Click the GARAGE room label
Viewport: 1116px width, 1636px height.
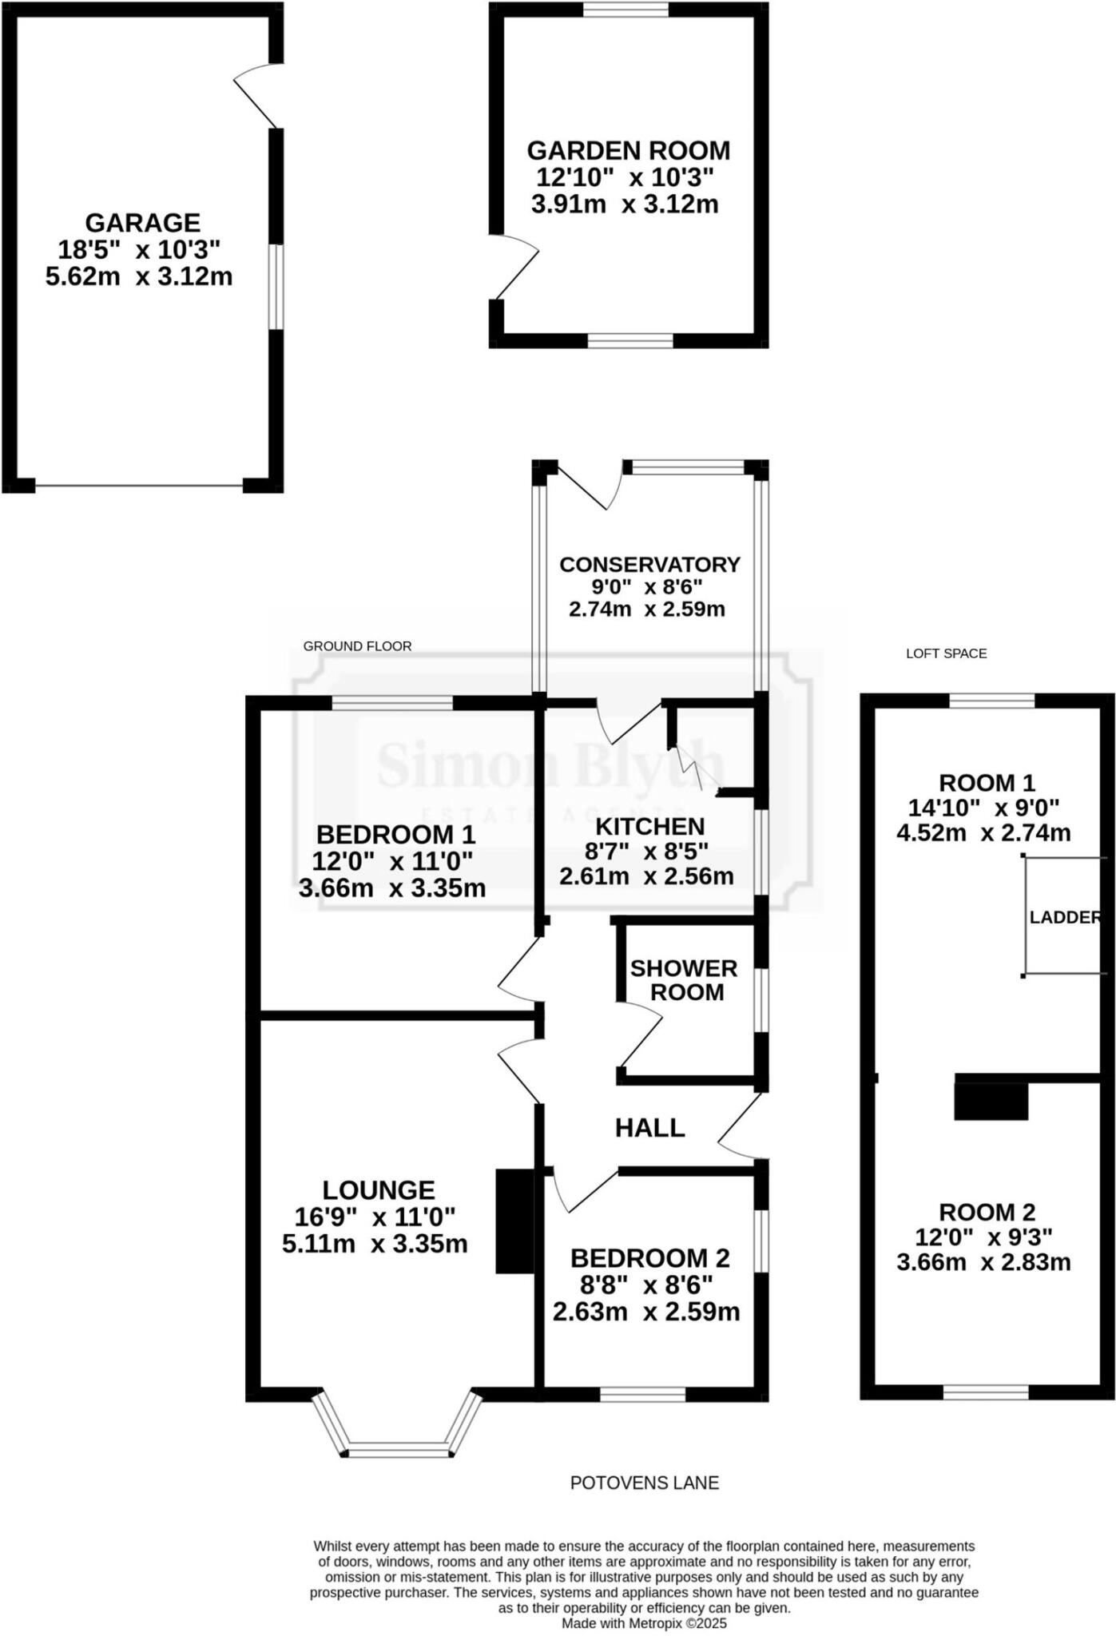(x=142, y=222)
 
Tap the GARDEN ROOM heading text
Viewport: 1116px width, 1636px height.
(x=628, y=150)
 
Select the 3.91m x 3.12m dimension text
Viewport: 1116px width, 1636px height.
(x=625, y=204)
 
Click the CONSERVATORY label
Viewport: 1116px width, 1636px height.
(x=649, y=564)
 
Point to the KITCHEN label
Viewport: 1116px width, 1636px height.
(x=649, y=826)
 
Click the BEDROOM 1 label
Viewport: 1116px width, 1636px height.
(x=395, y=835)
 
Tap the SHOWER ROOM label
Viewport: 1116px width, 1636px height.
(x=684, y=980)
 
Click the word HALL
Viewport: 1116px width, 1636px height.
(x=649, y=1128)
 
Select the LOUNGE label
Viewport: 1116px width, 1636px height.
(x=378, y=1190)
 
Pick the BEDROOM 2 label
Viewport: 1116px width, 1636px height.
(x=649, y=1258)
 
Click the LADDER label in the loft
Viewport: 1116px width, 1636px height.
(x=1065, y=917)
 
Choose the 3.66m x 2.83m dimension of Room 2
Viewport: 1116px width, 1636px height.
(x=983, y=1262)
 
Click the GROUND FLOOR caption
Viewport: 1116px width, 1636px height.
(x=357, y=646)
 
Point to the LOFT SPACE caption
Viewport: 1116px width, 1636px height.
(x=946, y=653)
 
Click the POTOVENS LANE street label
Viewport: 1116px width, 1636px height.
(x=644, y=1483)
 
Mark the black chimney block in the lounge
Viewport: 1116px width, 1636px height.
(x=514, y=1221)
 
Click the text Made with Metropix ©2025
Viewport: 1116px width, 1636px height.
(x=644, y=1623)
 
